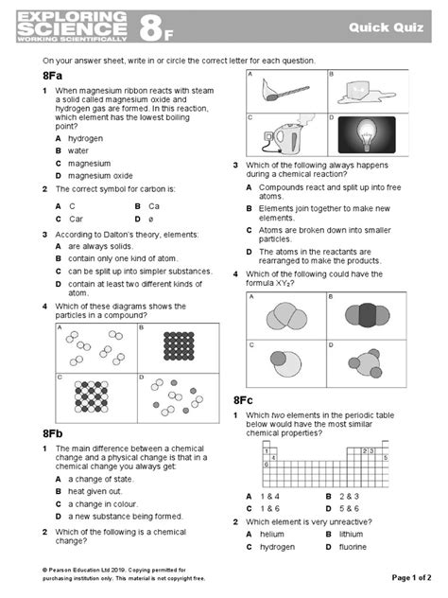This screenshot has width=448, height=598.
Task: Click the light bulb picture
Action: [x=367, y=135]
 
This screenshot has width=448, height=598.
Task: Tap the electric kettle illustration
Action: [x=287, y=135]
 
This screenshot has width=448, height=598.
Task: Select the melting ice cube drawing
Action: [x=365, y=93]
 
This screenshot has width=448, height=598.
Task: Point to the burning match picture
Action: [x=284, y=91]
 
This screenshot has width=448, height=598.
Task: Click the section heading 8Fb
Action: [x=53, y=433]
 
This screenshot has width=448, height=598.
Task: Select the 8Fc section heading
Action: [x=243, y=400]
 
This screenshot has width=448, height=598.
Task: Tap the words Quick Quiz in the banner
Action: [x=386, y=27]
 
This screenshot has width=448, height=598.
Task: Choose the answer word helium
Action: [x=272, y=535]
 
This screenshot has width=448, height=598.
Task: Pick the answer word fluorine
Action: [x=353, y=547]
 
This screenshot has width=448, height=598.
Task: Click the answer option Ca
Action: [x=154, y=206]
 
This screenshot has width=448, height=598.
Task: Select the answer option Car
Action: [x=76, y=220]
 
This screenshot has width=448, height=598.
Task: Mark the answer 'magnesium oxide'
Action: [x=100, y=176]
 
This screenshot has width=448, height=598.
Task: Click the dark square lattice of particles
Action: [x=179, y=346]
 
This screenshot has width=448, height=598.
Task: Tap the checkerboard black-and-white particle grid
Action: [x=92, y=396]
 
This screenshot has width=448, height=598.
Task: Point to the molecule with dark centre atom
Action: [x=368, y=315]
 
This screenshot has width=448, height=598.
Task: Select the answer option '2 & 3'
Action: [x=349, y=497]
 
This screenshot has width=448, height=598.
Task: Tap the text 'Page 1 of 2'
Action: [x=411, y=578]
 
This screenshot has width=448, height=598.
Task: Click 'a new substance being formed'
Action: [x=126, y=517]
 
